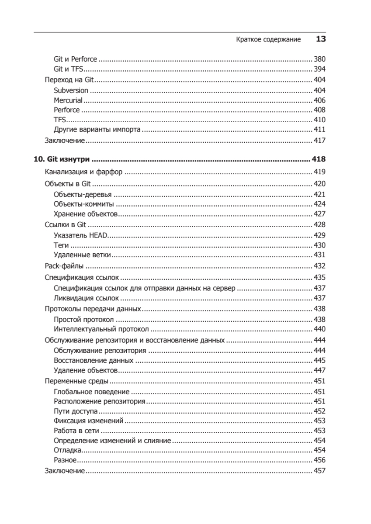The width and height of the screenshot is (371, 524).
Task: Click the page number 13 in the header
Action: point(321,39)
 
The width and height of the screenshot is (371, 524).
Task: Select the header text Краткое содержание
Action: point(268,40)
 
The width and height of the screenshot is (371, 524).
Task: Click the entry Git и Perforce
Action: point(75,59)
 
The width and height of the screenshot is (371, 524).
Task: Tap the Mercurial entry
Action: point(68,100)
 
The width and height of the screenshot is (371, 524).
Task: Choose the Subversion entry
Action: point(71,90)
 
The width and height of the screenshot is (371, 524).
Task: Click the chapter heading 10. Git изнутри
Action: point(65,159)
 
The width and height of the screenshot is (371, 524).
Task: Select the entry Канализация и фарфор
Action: point(84,172)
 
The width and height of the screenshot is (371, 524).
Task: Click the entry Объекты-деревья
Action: point(83,194)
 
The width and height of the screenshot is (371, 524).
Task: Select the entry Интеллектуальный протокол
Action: point(101,329)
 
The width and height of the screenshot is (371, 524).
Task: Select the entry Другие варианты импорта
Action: point(97,130)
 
